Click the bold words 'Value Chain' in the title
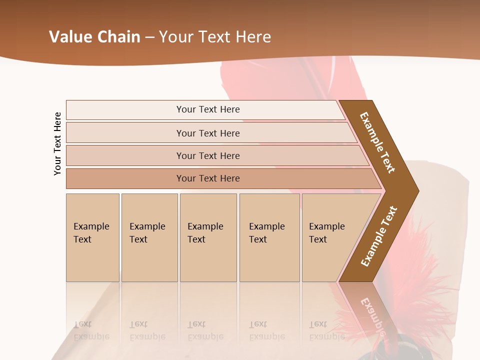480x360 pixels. tap(94, 37)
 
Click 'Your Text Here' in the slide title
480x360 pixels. tap(215, 37)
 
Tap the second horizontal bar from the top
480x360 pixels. tap(208, 133)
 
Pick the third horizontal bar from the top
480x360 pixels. tap(208, 155)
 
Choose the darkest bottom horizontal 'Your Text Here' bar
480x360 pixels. tap(208, 178)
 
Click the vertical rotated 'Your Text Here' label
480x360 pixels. tap(57, 143)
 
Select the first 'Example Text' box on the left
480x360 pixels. tap(92, 237)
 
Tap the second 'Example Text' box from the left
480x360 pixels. tap(149, 237)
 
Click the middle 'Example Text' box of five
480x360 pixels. tap(207, 237)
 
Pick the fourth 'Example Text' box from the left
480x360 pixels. tap(269, 237)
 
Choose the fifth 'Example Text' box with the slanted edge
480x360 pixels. tap(330, 237)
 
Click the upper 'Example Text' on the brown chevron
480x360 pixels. tap(377, 142)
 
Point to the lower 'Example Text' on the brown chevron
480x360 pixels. tap(379, 236)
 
